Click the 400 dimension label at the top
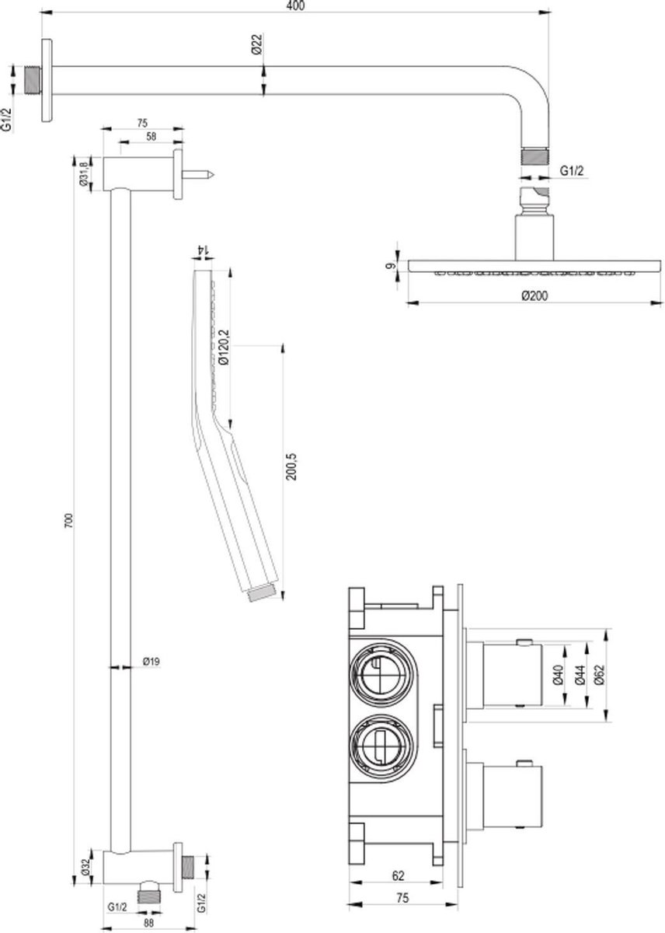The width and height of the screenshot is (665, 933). (295, 5)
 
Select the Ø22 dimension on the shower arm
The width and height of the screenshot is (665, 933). (257, 44)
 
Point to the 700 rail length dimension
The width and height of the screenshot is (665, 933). (69, 521)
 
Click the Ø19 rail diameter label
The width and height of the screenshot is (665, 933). (151, 661)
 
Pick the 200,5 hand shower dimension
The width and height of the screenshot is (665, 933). (291, 466)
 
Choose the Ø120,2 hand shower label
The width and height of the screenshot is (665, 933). (224, 347)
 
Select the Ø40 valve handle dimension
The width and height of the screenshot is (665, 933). (559, 675)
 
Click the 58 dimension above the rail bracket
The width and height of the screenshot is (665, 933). (151, 136)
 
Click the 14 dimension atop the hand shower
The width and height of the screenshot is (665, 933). (203, 250)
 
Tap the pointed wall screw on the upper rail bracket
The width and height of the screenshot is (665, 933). (198, 174)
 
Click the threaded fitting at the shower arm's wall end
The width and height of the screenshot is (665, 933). (33, 80)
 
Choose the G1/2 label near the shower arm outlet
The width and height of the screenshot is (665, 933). (571, 170)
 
